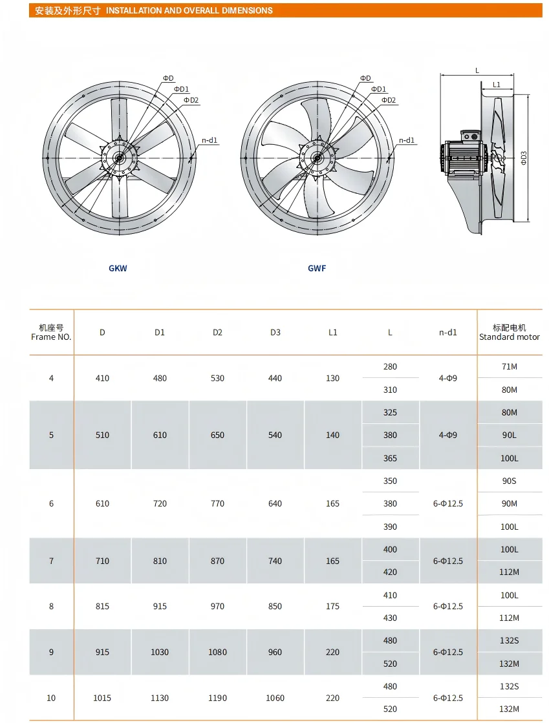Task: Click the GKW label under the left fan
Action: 118,268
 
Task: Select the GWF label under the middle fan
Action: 317,268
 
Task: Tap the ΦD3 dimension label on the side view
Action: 524,158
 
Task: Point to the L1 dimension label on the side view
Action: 497,84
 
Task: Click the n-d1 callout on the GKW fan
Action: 210,140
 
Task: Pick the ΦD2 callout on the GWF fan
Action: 388,100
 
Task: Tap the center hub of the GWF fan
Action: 317,158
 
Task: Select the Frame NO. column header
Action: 52,333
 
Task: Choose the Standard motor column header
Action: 510,333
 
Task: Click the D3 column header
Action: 275,333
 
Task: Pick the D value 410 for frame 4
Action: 102,378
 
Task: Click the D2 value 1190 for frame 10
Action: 218,698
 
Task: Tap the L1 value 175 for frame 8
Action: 332,606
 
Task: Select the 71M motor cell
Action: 510,366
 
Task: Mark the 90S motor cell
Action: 510,481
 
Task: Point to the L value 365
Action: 390,458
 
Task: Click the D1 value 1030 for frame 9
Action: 160,652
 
